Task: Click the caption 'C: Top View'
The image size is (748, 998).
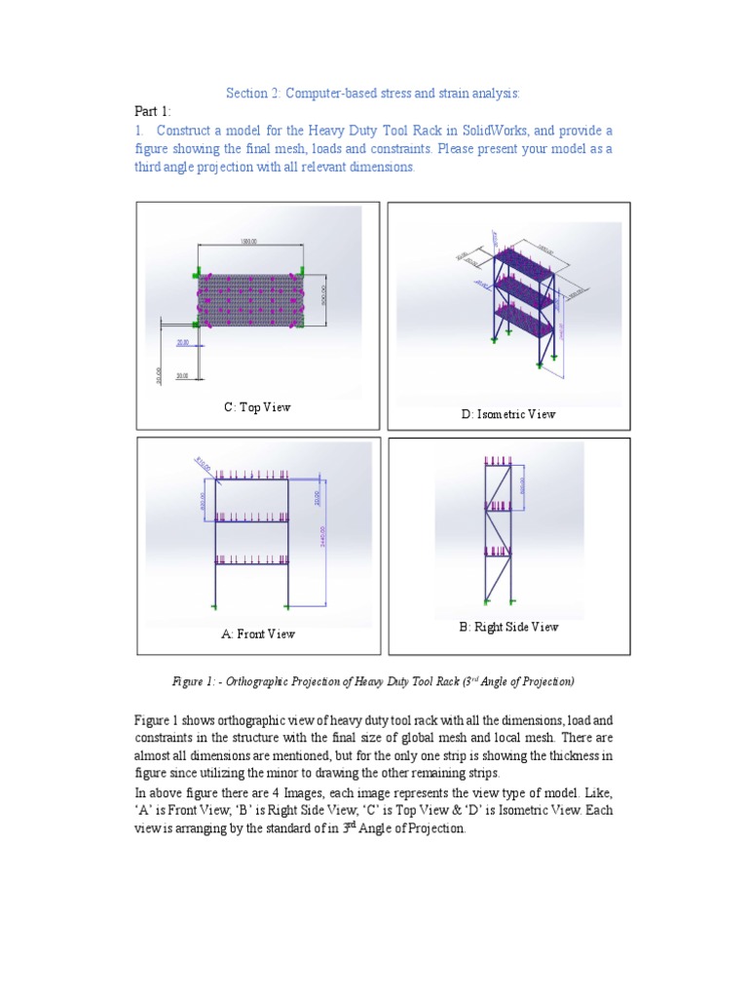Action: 257,407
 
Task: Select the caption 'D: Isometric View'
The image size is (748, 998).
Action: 508,414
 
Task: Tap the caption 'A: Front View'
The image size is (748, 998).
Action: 257,633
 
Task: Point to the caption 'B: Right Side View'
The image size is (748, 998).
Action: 508,627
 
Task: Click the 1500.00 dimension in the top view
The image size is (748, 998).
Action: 248,242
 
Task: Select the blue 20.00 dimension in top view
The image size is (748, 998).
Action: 183,343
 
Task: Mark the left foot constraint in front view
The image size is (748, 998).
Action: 214,606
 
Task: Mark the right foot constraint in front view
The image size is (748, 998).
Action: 288,606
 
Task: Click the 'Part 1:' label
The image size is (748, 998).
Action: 152,111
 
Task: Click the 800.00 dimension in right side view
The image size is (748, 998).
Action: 523,484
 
